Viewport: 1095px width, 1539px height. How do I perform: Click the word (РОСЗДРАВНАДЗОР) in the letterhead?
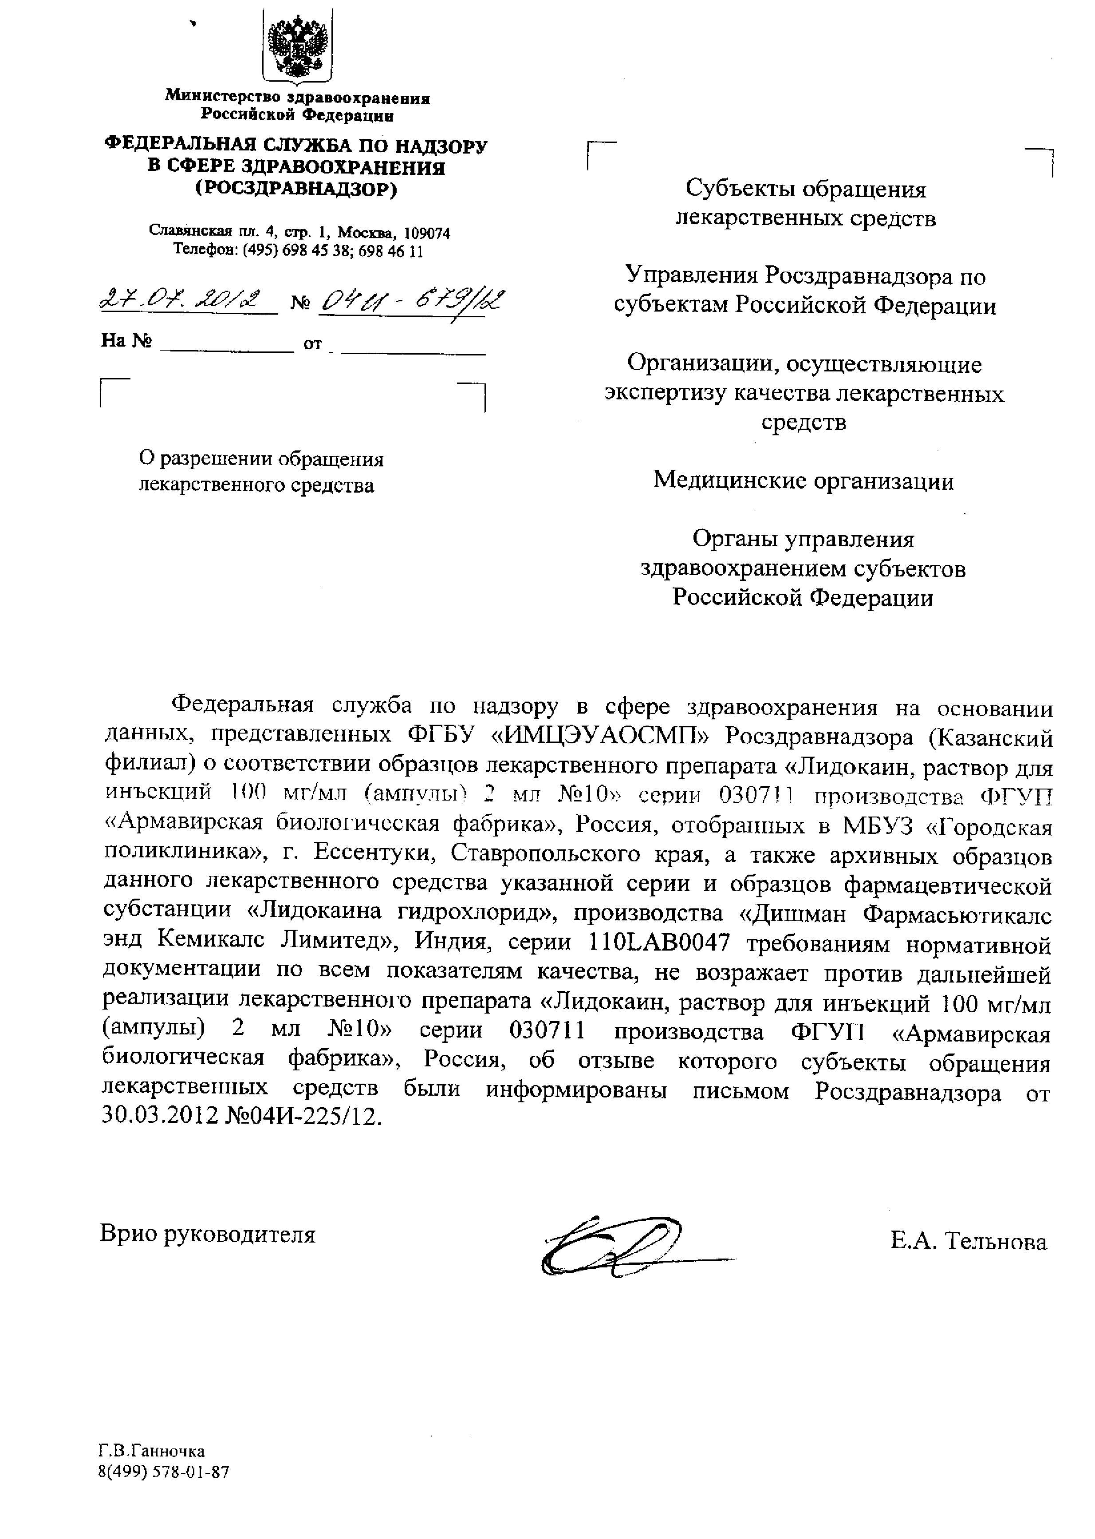[x=297, y=189]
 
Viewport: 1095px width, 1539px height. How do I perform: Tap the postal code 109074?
[x=427, y=233]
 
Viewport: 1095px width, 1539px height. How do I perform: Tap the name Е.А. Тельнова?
[x=968, y=1242]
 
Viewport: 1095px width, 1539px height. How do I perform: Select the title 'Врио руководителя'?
[x=208, y=1234]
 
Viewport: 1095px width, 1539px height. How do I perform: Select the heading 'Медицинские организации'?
[x=803, y=481]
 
